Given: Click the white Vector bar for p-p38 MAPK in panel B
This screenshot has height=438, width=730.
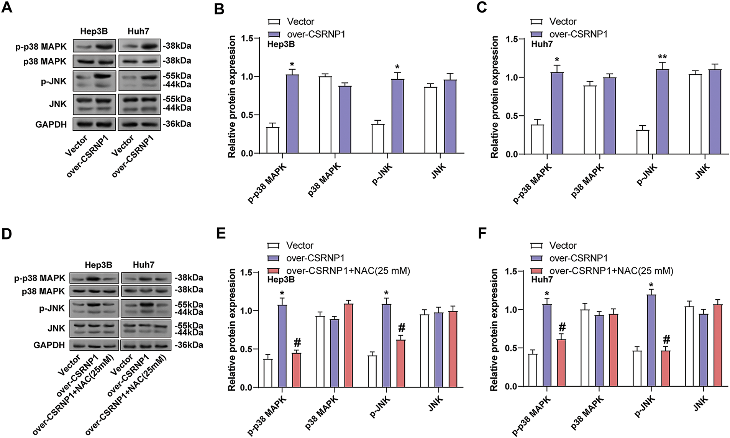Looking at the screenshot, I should pyautogui.click(x=273, y=140).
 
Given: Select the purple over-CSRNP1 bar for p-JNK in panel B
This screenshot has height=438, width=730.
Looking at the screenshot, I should pyautogui.click(x=397, y=116).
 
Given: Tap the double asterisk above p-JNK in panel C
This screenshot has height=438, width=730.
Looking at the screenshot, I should pyautogui.click(x=662, y=57).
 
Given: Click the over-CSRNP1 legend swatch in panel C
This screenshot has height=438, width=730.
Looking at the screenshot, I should pyautogui.click(x=536, y=34).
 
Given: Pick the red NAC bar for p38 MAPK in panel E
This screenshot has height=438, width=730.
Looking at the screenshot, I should pyautogui.click(x=348, y=345).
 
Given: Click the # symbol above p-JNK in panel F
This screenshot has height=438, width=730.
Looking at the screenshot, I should pyautogui.click(x=666, y=340).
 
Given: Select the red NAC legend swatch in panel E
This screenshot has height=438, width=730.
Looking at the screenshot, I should pyautogui.click(x=274, y=271).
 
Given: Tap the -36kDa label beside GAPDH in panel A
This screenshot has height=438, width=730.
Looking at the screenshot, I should pyautogui.click(x=177, y=124).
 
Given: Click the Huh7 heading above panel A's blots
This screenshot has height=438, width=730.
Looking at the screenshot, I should pyautogui.click(x=138, y=31).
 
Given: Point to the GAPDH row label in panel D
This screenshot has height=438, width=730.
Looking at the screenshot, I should pyautogui.click(x=49, y=345).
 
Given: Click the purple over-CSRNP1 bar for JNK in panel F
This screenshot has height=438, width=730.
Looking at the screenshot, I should pyautogui.click(x=703, y=350).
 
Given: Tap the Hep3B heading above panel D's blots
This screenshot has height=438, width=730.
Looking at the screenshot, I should pyautogui.click(x=98, y=265).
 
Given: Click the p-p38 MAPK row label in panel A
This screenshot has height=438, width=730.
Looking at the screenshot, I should pyautogui.click(x=41, y=47).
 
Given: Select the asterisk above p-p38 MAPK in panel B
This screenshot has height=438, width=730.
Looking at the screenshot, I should pyautogui.click(x=292, y=64).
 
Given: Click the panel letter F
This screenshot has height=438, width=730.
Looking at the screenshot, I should pyautogui.click(x=482, y=233).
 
